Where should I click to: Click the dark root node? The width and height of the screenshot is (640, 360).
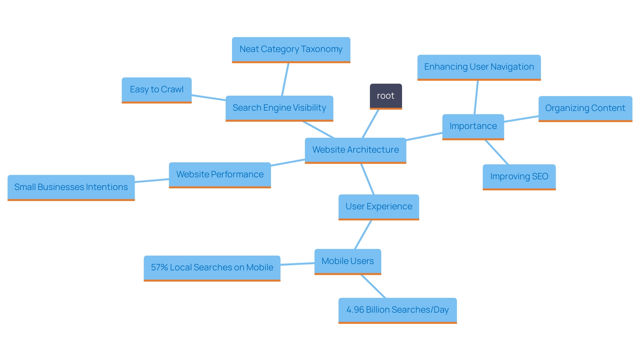pos(386,96)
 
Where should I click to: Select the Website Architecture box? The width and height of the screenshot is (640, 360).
pos(355,150)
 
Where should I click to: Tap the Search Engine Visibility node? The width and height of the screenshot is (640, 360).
pos(279,108)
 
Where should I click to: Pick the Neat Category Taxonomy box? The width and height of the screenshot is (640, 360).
pos(291,49)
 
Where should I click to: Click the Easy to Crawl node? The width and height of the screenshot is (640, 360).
pos(157,90)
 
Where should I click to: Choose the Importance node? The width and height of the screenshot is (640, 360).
pos(473,126)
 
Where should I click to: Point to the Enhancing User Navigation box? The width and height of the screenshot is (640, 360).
pos(479,67)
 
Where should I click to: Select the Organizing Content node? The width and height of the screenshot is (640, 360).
pos(585,108)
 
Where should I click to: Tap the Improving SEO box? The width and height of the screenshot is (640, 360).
pos(519,177)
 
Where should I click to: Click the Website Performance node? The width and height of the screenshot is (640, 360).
pos(220,175)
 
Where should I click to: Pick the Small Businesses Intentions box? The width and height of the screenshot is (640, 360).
pos(71,187)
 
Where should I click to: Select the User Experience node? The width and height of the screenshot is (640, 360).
pos(379,207)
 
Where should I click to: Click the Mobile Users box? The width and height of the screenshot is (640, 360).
pos(348,261)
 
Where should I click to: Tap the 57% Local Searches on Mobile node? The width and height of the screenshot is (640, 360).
pos(212,268)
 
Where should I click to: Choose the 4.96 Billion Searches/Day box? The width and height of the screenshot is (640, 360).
pos(397,310)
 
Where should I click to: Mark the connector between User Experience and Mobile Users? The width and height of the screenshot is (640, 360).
pos(363,234)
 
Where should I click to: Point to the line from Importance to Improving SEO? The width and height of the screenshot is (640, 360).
pos(497,152)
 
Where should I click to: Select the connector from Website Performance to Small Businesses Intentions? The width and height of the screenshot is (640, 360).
pos(152,181)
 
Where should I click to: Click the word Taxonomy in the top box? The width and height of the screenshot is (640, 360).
pos(322,49)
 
